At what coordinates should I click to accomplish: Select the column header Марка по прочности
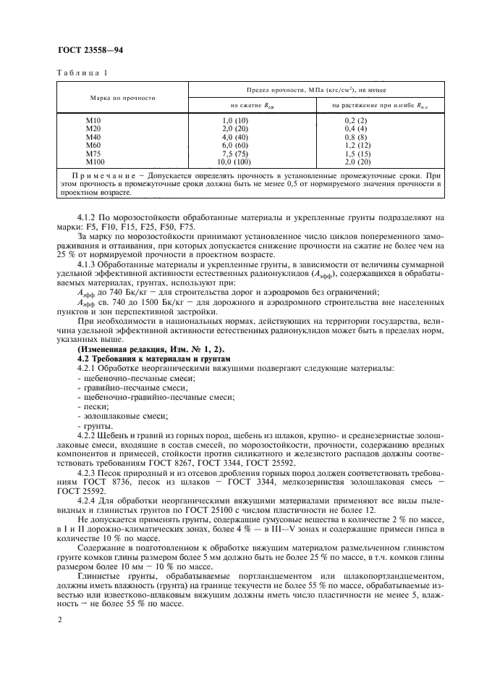click(x=123, y=97)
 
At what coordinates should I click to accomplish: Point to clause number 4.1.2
click(x=88, y=217)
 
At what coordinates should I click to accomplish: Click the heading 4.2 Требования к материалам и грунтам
click(x=153, y=358)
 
